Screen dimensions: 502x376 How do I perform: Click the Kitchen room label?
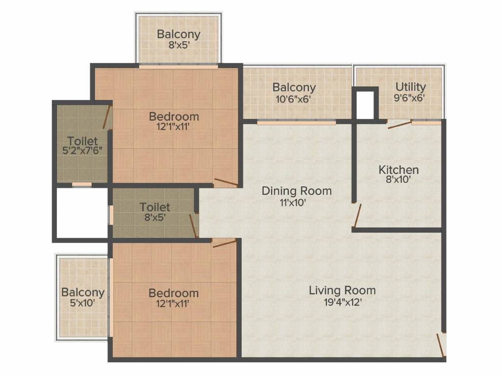click(399, 170)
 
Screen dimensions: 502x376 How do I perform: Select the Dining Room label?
click(297, 191)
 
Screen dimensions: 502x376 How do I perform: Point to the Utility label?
click(411, 87)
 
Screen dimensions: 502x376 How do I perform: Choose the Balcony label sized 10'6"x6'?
click(294, 87)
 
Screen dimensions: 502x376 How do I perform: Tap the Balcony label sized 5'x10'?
click(83, 292)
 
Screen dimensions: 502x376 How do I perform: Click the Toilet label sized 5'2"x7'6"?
click(82, 141)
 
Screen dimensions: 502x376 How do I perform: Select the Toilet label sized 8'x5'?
click(154, 207)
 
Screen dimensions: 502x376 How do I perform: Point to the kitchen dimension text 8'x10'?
click(398, 179)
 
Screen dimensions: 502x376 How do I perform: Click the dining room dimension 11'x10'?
click(293, 202)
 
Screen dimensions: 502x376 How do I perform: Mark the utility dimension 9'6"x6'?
click(409, 98)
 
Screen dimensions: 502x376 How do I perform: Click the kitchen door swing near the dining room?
click(357, 216)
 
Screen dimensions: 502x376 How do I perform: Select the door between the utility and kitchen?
click(400, 125)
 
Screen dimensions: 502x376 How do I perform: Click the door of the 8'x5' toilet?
click(193, 226)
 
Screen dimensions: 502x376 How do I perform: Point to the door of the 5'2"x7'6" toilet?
click(106, 117)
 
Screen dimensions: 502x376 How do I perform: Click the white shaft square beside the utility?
click(365, 105)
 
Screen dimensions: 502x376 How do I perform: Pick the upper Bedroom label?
click(174, 117)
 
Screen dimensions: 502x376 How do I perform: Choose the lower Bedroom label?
click(174, 293)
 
